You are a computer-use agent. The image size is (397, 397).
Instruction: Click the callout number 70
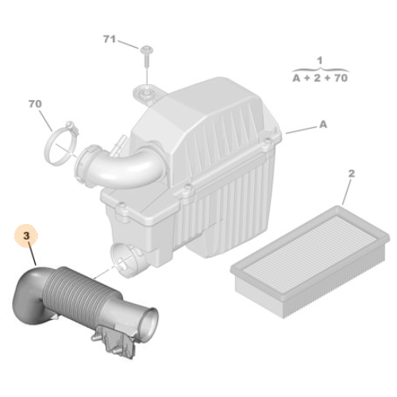[35, 103]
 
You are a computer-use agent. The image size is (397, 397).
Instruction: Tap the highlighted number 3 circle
[25, 235]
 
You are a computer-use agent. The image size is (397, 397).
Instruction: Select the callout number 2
[352, 173]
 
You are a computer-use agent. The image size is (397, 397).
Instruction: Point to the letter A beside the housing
[323, 125]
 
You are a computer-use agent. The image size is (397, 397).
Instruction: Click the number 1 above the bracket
[319, 60]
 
